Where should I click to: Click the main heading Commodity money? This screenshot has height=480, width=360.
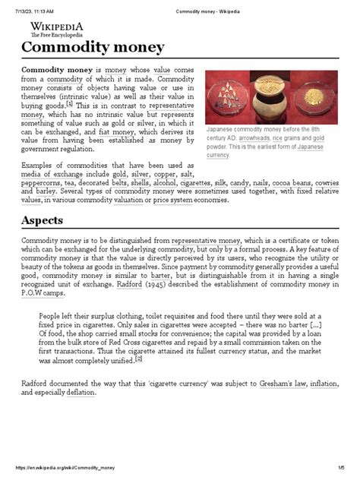(x=93, y=48)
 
